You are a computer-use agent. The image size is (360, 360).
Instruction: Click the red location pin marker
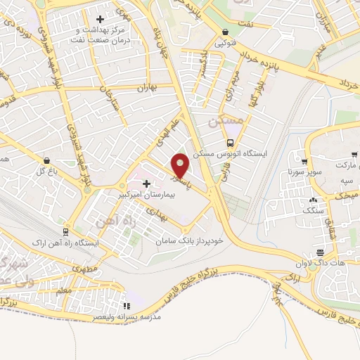[181, 165]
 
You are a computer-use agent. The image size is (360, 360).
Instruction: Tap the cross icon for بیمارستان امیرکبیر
[147, 184]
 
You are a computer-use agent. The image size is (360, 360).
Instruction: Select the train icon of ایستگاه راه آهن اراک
[65, 231]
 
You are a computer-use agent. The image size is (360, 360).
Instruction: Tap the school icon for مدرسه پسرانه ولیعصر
[127, 306]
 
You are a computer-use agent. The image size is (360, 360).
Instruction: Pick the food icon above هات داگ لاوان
[320, 252]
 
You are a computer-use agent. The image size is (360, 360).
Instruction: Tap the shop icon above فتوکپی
[225, 32]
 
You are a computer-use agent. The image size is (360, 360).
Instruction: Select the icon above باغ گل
[46, 160]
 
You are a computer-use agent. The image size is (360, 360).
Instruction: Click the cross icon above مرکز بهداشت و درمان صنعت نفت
[100, 19]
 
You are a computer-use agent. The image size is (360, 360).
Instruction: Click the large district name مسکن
[226, 121]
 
